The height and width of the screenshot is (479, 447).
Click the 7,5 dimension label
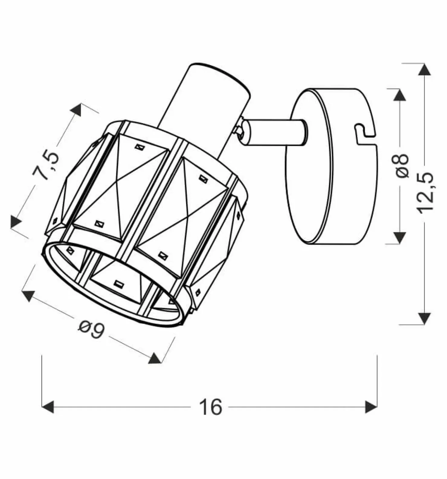[45, 165]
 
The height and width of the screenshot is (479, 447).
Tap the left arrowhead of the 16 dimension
[48, 407]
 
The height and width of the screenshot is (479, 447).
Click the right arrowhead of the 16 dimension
[371, 407]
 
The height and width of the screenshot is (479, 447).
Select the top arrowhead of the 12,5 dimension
[425, 70]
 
